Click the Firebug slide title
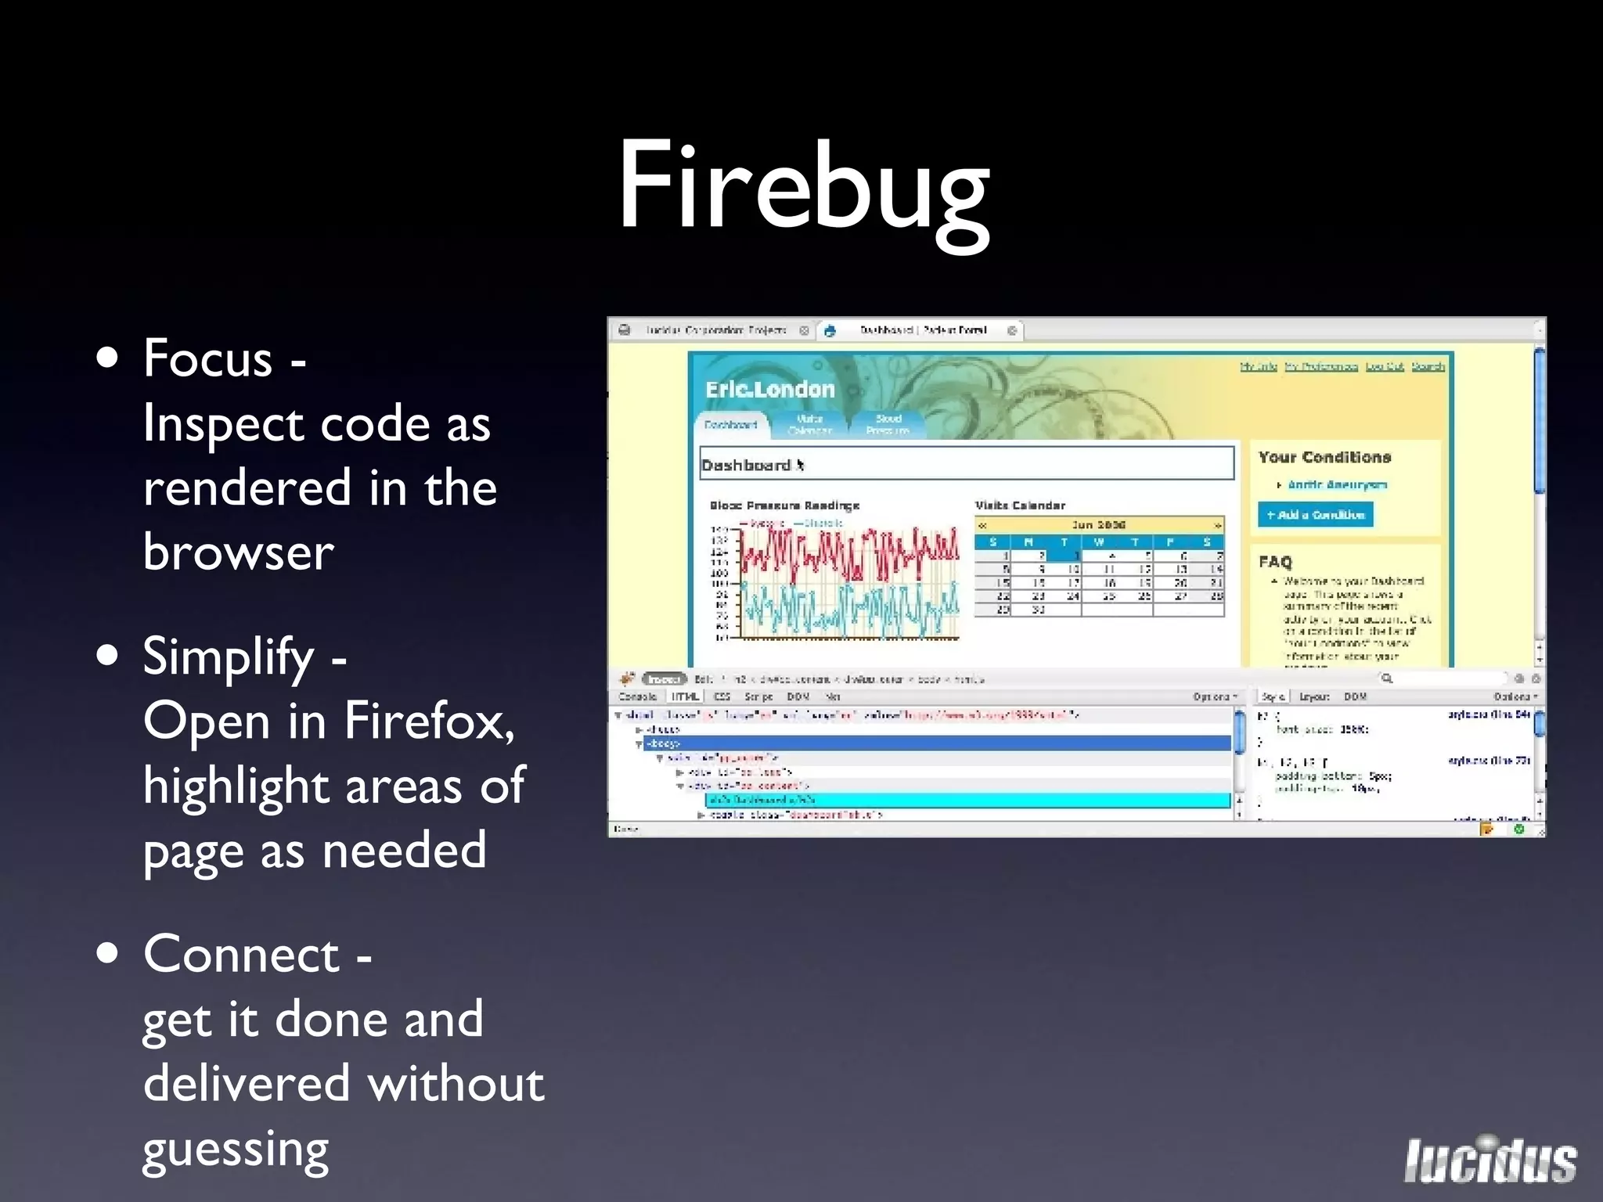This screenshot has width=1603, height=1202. (x=804, y=188)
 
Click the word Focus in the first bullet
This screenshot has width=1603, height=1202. (x=208, y=358)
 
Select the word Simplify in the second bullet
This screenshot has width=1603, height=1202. (x=229, y=657)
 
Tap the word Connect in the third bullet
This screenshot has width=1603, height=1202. (x=242, y=955)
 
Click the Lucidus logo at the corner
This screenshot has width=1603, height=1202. (x=1490, y=1161)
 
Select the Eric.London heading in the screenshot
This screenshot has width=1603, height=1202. (x=770, y=390)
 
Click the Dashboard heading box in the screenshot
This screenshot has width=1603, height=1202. (x=966, y=464)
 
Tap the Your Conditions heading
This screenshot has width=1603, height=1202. (x=1324, y=457)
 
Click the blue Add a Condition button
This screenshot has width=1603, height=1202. (x=1315, y=514)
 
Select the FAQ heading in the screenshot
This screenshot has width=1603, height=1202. (x=1275, y=561)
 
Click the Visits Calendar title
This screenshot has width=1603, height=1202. (x=1020, y=506)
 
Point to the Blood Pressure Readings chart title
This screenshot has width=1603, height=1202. (x=784, y=506)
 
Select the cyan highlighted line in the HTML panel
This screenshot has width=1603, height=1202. (x=967, y=800)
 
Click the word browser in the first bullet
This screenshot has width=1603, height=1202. (x=239, y=552)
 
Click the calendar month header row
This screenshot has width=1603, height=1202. (x=1099, y=524)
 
